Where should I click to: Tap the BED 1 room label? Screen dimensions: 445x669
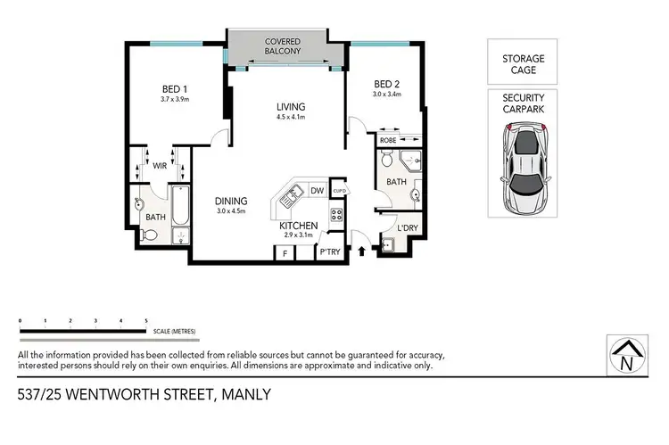pos(174,88)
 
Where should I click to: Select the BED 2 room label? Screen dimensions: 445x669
pos(385,84)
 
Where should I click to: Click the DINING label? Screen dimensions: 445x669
pos(231,201)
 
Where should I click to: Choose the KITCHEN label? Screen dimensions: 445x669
pos(297,227)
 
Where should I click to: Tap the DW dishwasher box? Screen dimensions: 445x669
pos(317,190)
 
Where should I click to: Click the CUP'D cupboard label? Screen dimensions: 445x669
pos(339,191)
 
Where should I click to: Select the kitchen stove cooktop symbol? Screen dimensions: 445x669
pos(337,214)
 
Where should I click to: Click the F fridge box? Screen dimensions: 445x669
pos(285,253)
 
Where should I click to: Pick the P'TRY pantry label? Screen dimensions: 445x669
pos(329,253)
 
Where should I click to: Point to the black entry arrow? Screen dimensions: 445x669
pos(360,252)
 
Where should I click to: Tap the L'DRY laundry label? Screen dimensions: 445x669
pos(406,228)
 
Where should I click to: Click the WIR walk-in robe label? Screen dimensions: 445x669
pos(161,165)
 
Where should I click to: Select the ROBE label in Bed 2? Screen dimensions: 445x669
pos(388,140)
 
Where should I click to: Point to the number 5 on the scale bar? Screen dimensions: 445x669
pos(145,318)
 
